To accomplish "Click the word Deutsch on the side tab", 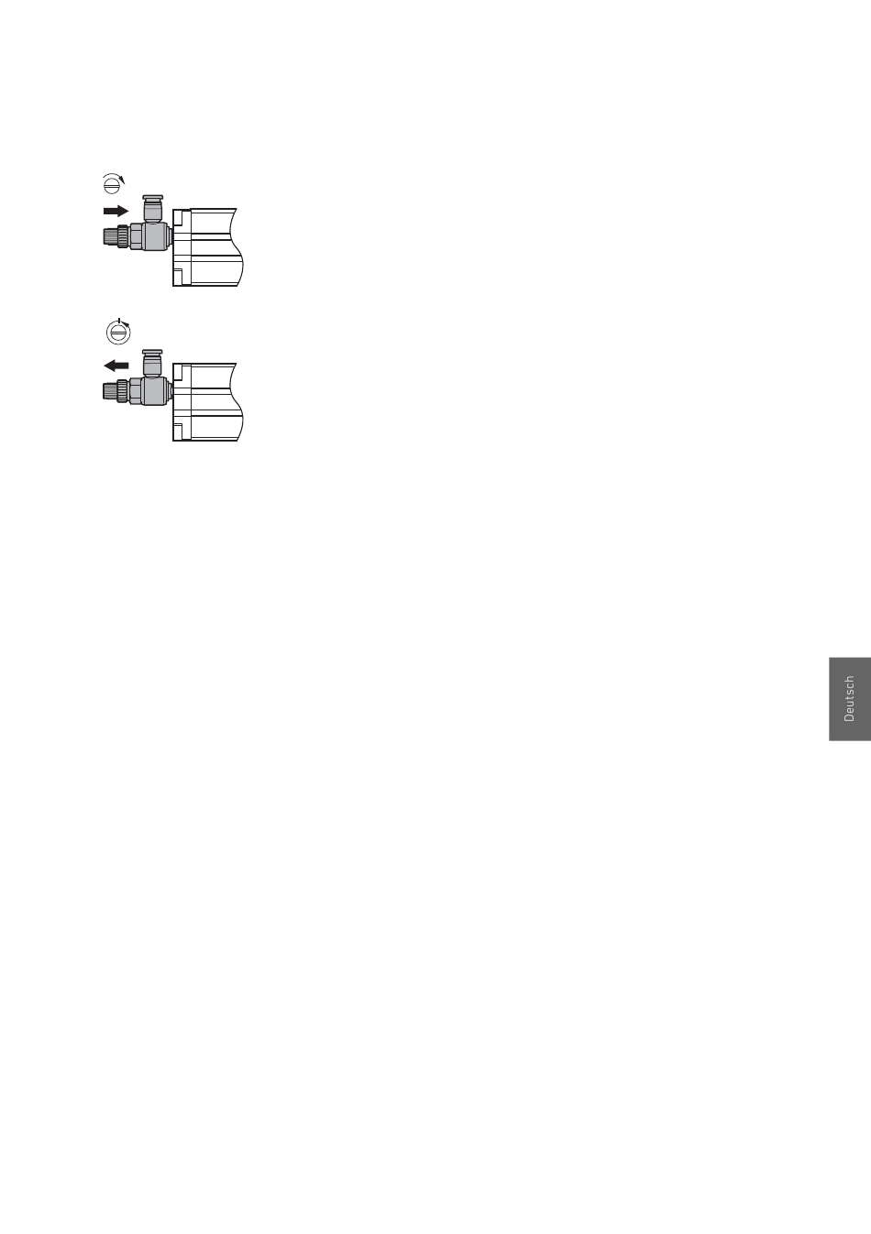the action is click(x=849, y=698).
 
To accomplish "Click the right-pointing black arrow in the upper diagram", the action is click(x=116, y=211).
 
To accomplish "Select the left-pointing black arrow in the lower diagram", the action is click(x=116, y=366).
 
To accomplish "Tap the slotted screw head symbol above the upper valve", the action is click(x=112, y=184).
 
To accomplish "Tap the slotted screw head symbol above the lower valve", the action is click(x=118, y=333).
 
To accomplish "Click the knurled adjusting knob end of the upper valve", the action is click(x=110, y=236).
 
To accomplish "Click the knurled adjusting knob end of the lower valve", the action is click(x=110, y=391).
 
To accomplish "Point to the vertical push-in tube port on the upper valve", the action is click(x=153, y=209).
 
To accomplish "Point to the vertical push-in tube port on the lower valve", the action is click(x=153, y=363).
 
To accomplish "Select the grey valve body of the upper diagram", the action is click(x=156, y=236).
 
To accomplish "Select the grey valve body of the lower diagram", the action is click(x=156, y=391).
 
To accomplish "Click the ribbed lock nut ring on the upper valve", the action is click(x=123, y=236).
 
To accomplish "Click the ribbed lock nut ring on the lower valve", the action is click(x=123, y=391).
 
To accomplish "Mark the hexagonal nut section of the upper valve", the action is click(x=137, y=236).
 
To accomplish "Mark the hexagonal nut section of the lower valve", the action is click(x=137, y=391).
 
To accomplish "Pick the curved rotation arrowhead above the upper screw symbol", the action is click(x=123, y=180).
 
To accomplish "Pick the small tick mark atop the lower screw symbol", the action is click(x=118, y=321).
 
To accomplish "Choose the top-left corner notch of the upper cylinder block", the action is click(x=182, y=218).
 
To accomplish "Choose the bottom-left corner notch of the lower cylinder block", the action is click(x=182, y=431).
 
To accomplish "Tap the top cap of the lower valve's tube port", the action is click(x=153, y=352).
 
